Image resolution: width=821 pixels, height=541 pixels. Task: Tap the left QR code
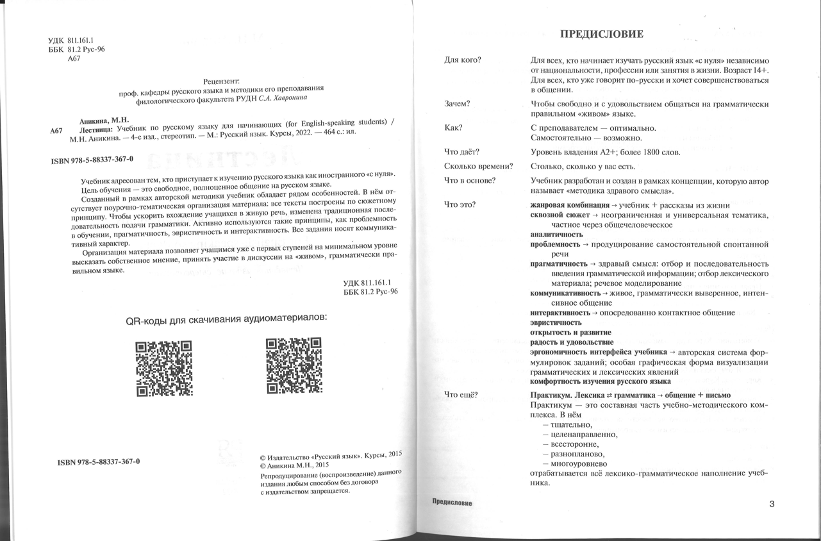pyautogui.click(x=164, y=367)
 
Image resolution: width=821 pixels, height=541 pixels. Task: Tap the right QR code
pyautogui.click(x=294, y=366)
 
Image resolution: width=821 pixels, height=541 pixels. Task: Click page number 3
pyautogui.click(x=772, y=504)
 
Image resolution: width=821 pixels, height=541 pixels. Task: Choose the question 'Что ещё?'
pyautogui.click(x=461, y=394)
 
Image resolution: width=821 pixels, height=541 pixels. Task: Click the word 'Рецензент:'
pyautogui.click(x=220, y=81)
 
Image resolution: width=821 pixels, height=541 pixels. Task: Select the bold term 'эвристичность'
pyautogui.click(x=556, y=322)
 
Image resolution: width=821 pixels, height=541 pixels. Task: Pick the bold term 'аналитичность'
pyautogui.click(x=556, y=234)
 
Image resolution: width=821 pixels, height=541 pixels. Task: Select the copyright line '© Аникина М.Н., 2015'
pyautogui.click(x=294, y=465)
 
